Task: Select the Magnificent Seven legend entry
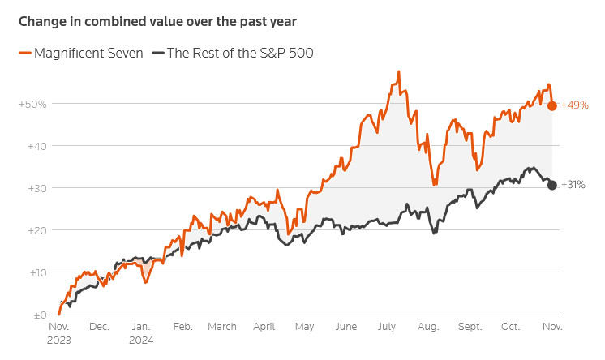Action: click(x=80, y=53)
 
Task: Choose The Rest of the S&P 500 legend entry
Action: click(x=239, y=53)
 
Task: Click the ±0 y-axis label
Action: click(x=37, y=315)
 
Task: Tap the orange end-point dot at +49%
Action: click(x=552, y=105)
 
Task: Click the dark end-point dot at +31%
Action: click(x=552, y=185)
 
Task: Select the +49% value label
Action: click(x=574, y=105)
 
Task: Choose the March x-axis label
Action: click(x=221, y=327)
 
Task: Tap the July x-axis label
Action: click(x=386, y=327)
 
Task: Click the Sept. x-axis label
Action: click(x=469, y=327)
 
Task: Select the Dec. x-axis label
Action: click(x=98, y=327)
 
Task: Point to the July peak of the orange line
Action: click(x=399, y=72)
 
